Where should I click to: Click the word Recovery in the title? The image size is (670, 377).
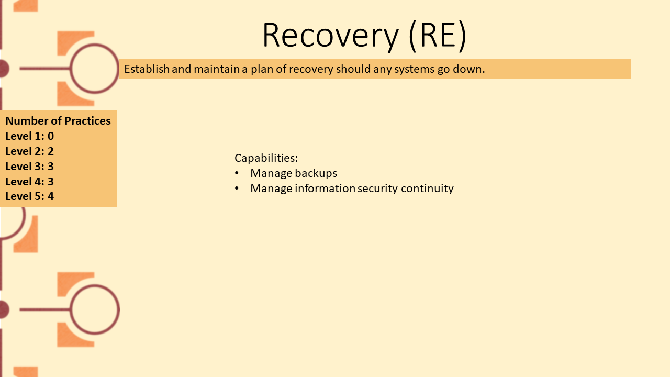pyautogui.click(x=330, y=35)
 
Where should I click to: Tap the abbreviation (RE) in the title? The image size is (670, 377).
pyautogui.click(x=438, y=35)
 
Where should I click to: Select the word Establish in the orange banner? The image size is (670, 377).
pyautogui.click(x=147, y=69)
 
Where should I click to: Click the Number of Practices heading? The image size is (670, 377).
pyautogui.click(x=58, y=121)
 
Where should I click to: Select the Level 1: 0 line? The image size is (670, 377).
pyautogui.click(x=30, y=136)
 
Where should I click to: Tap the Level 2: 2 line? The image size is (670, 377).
pyautogui.click(x=30, y=151)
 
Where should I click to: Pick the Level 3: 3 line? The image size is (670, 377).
pyautogui.click(x=30, y=167)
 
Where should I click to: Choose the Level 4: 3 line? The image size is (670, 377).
pyautogui.click(x=30, y=181)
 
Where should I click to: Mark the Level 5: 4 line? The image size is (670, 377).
pyautogui.click(x=30, y=196)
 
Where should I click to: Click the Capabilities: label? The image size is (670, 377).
pyautogui.click(x=266, y=158)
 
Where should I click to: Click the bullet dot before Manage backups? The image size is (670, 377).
pyautogui.click(x=237, y=173)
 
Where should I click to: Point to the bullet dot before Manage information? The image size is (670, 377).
pyautogui.click(x=237, y=188)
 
